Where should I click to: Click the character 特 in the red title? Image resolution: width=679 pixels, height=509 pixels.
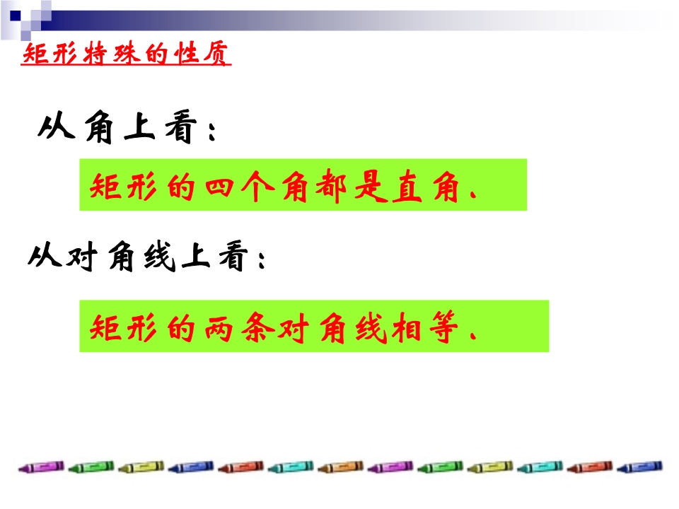[x=95, y=54]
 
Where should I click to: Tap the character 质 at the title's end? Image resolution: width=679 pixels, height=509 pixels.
[x=216, y=54]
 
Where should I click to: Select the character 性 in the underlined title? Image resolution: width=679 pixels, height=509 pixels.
[x=186, y=54]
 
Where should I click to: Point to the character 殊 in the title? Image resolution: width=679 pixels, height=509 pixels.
[x=126, y=54]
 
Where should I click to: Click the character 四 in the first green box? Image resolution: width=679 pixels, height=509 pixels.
[x=219, y=187]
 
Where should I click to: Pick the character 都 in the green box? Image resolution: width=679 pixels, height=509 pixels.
[x=331, y=187]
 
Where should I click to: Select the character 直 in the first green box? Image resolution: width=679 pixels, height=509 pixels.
[x=407, y=187]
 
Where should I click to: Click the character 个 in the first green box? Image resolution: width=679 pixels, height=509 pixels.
[x=257, y=187]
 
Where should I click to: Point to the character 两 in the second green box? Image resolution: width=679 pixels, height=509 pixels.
[x=219, y=329]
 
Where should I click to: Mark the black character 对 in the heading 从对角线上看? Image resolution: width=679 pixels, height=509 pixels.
[x=81, y=257]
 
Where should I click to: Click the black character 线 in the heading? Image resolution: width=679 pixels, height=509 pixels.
[x=161, y=257]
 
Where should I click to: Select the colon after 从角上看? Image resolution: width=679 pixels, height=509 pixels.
[x=211, y=131]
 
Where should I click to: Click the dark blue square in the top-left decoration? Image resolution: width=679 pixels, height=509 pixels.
[x=16, y=16]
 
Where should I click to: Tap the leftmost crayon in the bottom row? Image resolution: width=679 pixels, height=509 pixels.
[x=41, y=467]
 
